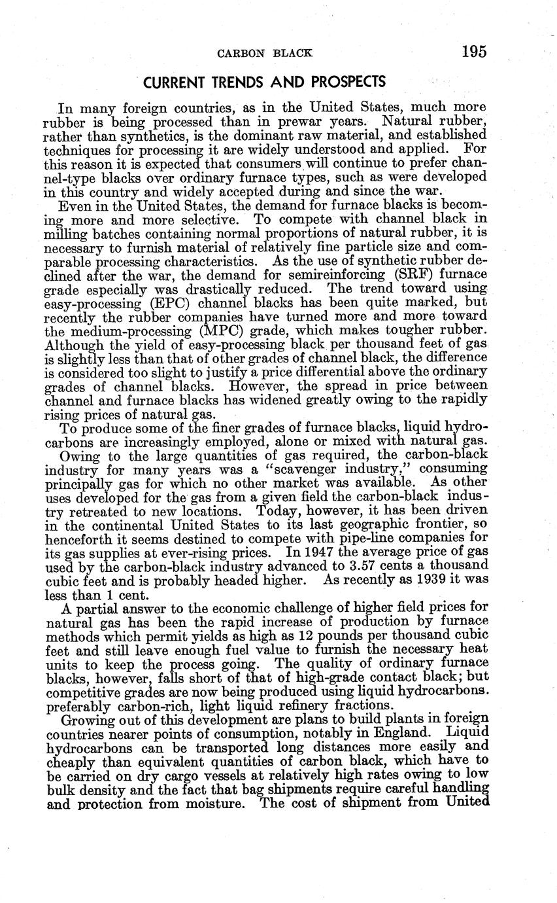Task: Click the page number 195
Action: tap(473, 52)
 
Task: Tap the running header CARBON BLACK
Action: tap(264, 53)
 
